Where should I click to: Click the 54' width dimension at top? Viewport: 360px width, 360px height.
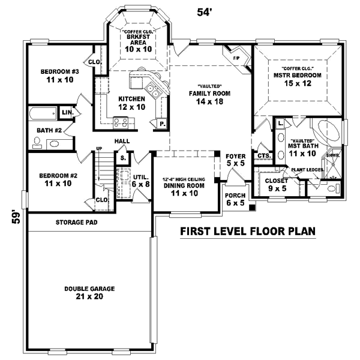click(x=203, y=10)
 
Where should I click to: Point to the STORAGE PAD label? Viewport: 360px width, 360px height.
click(x=77, y=222)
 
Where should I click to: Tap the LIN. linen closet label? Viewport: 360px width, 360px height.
click(x=67, y=112)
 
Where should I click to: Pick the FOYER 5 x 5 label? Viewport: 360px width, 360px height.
click(x=235, y=160)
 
